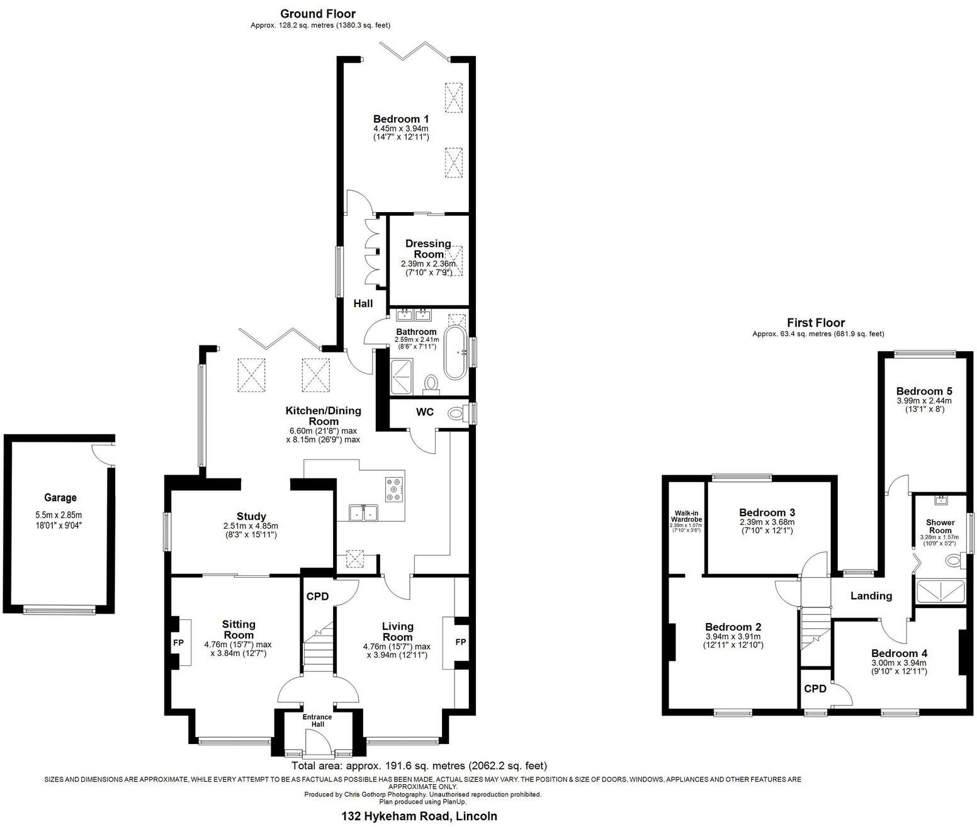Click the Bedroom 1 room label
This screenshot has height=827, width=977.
point(400,119)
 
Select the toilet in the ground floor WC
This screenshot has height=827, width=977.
point(456,414)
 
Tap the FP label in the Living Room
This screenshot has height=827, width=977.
point(460,642)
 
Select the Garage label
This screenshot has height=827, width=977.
point(60,497)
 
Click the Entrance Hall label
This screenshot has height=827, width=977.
point(317,721)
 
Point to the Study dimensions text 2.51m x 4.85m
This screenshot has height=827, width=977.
point(251,526)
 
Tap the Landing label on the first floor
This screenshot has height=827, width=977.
point(871,595)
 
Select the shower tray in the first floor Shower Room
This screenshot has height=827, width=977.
point(940,591)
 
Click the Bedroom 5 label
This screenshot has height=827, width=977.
point(924,390)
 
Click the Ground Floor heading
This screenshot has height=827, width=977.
point(317,14)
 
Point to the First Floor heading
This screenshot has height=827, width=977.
point(815,323)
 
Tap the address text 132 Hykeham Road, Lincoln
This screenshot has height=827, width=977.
point(419,816)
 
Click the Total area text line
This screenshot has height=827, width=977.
point(419,766)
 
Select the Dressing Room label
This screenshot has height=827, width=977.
point(428,249)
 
